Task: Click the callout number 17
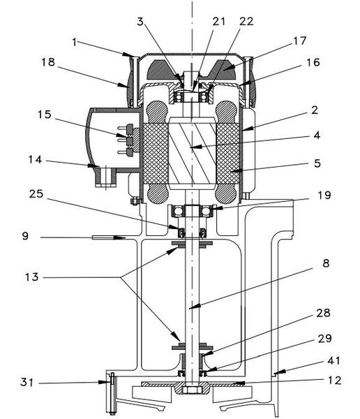[299, 41]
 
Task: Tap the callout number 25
[36, 194]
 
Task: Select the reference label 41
[333, 361]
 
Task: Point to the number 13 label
[32, 277]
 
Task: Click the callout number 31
[27, 383]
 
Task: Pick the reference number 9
[25, 236]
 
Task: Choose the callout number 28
[323, 313]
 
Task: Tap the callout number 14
[36, 160]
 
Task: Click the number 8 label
[326, 263]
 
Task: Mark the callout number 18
[48, 62]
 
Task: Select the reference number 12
[334, 381]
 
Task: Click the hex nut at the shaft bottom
[191, 390]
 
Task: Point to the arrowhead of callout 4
[193, 147]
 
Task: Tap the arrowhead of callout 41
[278, 372]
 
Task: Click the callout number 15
[45, 115]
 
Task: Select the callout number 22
[246, 22]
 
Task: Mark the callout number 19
[324, 196]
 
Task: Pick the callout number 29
[324, 339]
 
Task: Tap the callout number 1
[75, 42]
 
